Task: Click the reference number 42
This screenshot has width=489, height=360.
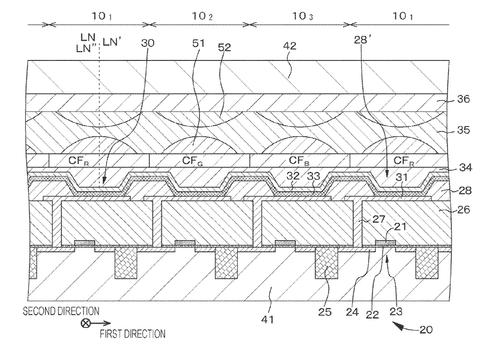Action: tap(289, 46)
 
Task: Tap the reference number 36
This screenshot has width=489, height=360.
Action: tap(463, 99)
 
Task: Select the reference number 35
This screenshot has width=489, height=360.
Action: tap(463, 130)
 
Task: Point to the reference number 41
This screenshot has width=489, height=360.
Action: tap(267, 319)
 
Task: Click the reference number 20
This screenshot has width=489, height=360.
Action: tap(426, 330)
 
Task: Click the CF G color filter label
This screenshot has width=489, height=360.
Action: tap(192, 161)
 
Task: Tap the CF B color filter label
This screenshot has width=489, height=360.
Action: tap(299, 160)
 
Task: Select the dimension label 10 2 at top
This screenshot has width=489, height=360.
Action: tap(202, 16)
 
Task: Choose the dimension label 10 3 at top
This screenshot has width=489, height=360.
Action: tap(302, 16)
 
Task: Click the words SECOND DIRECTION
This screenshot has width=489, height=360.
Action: tap(61, 311)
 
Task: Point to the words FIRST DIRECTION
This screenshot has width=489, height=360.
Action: tap(132, 334)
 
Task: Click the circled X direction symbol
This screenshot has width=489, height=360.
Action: tap(85, 323)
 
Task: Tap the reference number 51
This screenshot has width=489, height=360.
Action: tap(198, 43)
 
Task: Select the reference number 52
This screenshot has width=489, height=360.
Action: tap(224, 47)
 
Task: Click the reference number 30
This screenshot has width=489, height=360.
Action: tap(147, 43)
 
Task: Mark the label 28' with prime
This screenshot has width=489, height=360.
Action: tap(362, 40)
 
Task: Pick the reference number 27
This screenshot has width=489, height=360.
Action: tap(379, 219)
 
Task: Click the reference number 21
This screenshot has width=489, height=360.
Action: tap(400, 226)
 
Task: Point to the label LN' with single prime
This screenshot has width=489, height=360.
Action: tap(112, 42)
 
